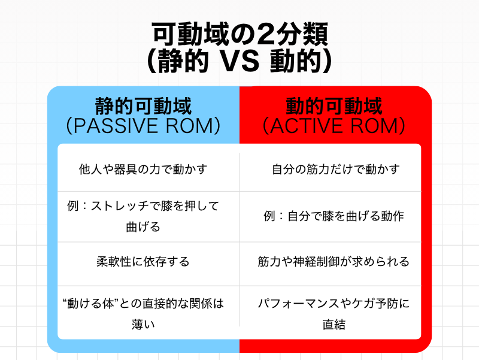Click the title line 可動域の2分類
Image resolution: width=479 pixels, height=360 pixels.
coord(240,34)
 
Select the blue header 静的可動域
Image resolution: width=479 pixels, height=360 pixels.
coord(143,106)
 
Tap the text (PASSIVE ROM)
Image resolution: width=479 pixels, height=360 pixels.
coord(143,126)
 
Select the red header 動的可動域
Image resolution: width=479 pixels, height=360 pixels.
coord(334,106)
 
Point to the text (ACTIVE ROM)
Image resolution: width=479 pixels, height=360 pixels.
coord(334,126)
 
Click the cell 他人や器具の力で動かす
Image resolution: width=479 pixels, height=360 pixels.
coord(143,169)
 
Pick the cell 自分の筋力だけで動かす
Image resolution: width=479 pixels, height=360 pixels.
coord(336,169)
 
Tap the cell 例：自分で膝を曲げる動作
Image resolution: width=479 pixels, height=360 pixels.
coord(334,216)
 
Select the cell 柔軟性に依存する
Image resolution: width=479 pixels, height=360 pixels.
coord(143,262)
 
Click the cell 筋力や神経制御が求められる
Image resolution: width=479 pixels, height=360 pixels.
coord(334,262)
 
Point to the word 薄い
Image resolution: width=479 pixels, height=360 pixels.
coord(143,324)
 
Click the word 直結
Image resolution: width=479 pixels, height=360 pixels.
coord(334,324)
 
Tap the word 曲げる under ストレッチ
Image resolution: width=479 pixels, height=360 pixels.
coord(143,227)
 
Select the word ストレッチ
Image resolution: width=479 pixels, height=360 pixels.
coord(119,206)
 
